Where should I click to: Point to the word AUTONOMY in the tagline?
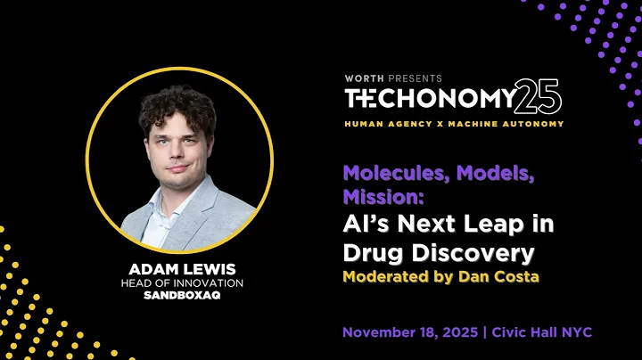click(534, 124)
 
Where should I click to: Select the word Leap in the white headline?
click(480, 223)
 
